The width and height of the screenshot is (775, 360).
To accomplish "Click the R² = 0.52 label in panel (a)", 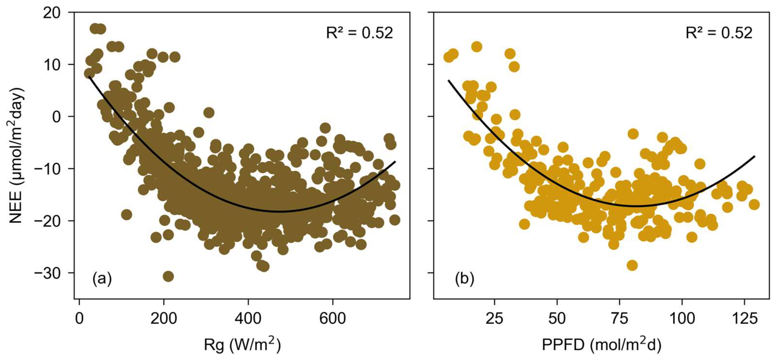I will [x=360, y=33].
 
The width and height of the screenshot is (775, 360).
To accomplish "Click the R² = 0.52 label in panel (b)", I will [x=719, y=33].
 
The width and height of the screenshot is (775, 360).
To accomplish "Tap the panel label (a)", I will [x=102, y=279].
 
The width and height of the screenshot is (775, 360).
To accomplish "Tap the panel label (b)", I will [x=464, y=279].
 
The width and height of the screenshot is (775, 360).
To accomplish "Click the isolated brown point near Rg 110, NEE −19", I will [x=126, y=214].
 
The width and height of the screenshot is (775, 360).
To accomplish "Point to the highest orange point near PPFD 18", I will [x=477, y=47].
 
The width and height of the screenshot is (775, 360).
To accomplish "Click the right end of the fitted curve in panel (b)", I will [x=755, y=156].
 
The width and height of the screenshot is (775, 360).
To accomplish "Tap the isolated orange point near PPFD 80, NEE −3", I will [x=633, y=134].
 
